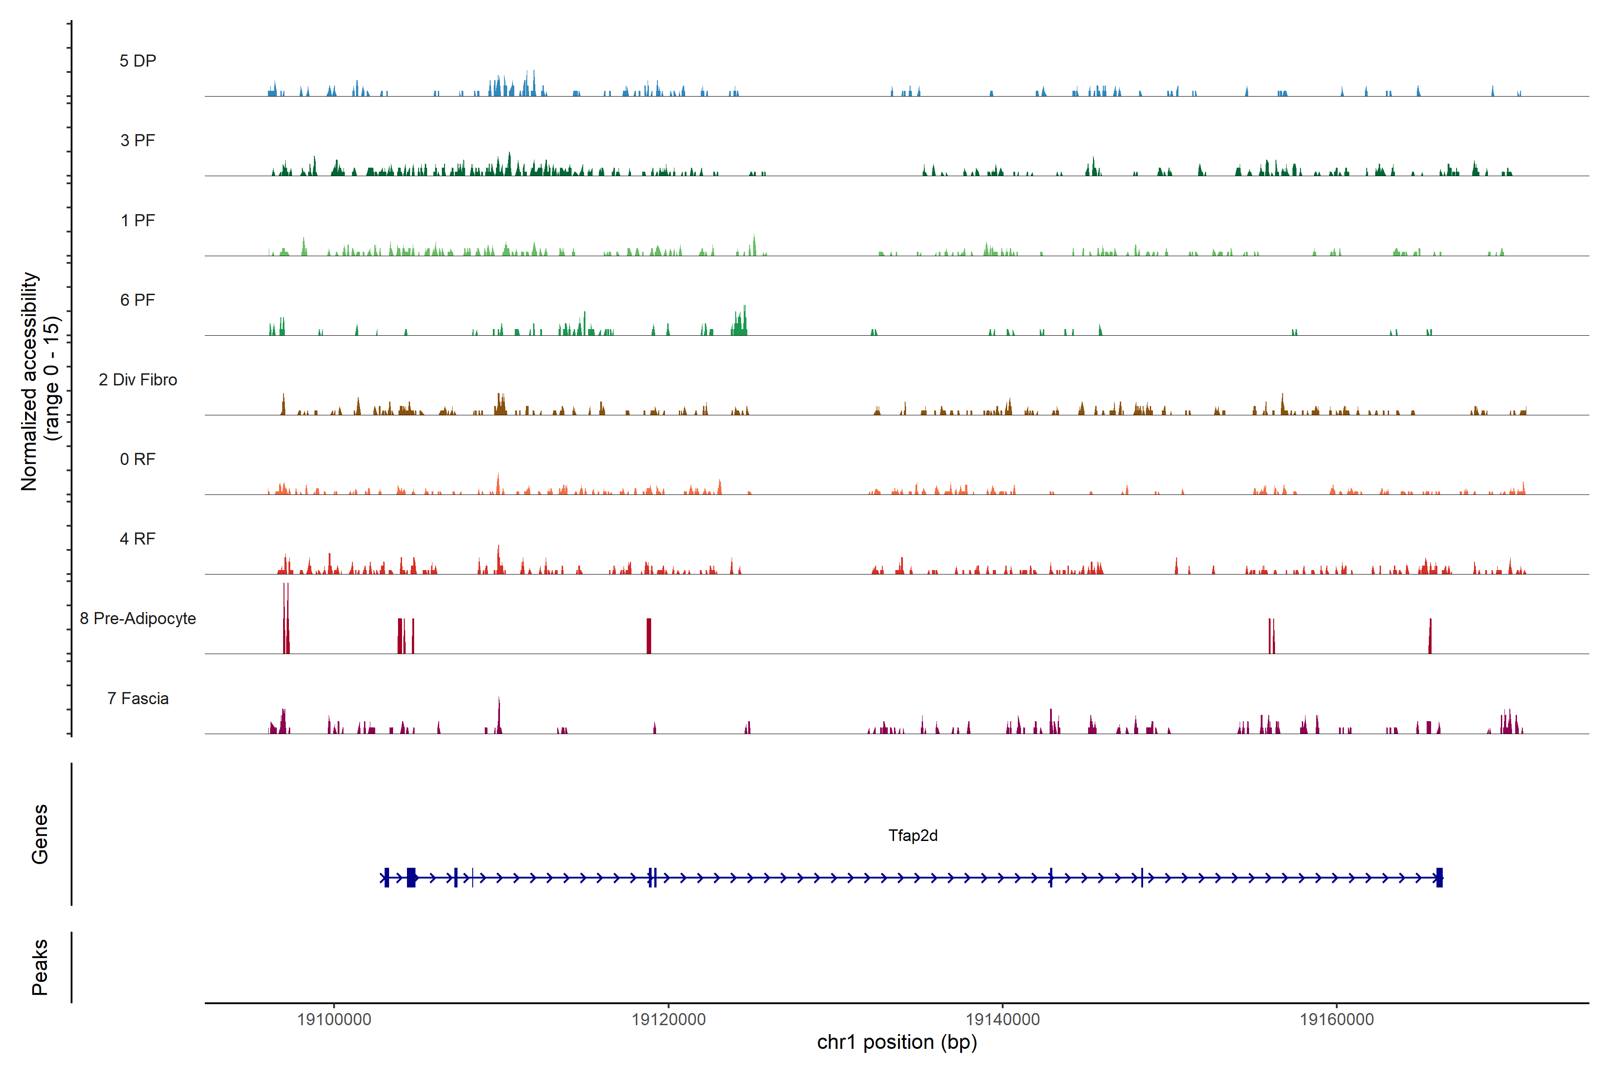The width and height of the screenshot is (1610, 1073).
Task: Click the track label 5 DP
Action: click(x=138, y=61)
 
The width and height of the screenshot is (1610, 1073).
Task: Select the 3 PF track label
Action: click(x=138, y=140)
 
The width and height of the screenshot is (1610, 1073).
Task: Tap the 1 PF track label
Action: click(x=138, y=220)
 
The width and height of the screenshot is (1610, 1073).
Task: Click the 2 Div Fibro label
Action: click(x=138, y=380)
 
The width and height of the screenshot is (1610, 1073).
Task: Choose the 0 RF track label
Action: click(x=138, y=459)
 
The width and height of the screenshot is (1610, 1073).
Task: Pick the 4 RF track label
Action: click(x=138, y=539)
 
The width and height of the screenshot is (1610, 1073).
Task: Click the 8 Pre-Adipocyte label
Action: click(x=138, y=619)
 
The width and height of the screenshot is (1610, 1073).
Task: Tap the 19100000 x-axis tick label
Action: click(x=334, y=1020)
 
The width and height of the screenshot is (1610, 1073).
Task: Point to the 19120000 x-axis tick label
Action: click(x=668, y=1020)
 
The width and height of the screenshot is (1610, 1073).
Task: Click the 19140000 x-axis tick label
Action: click(x=1002, y=1020)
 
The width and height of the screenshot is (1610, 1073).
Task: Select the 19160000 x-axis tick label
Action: click(x=1336, y=1020)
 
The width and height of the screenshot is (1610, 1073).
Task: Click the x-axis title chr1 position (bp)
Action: click(x=897, y=1042)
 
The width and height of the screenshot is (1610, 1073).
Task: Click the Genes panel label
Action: click(x=40, y=834)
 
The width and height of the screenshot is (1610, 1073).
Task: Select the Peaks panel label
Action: click(x=40, y=967)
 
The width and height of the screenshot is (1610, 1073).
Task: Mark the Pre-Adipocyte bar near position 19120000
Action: click(x=649, y=636)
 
